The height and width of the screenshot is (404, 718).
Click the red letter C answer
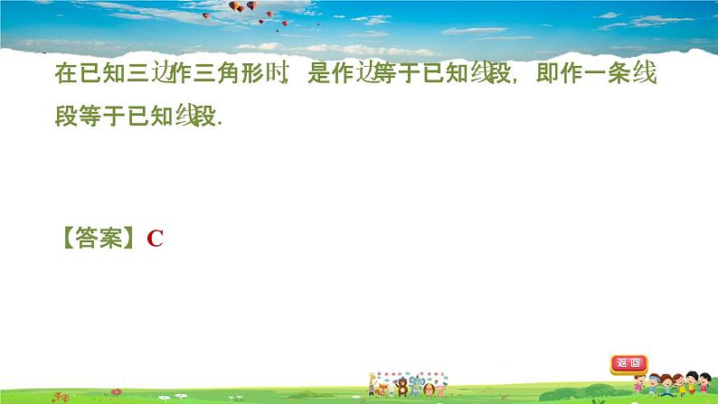tap(155, 239)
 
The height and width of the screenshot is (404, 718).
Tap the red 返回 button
tap(628, 364)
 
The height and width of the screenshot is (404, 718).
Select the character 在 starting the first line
tap(65, 76)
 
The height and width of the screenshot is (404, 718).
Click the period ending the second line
tap(219, 122)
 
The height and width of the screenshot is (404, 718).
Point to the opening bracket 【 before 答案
tap(67, 239)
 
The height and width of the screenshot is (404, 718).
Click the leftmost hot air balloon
tap(206, 15)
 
